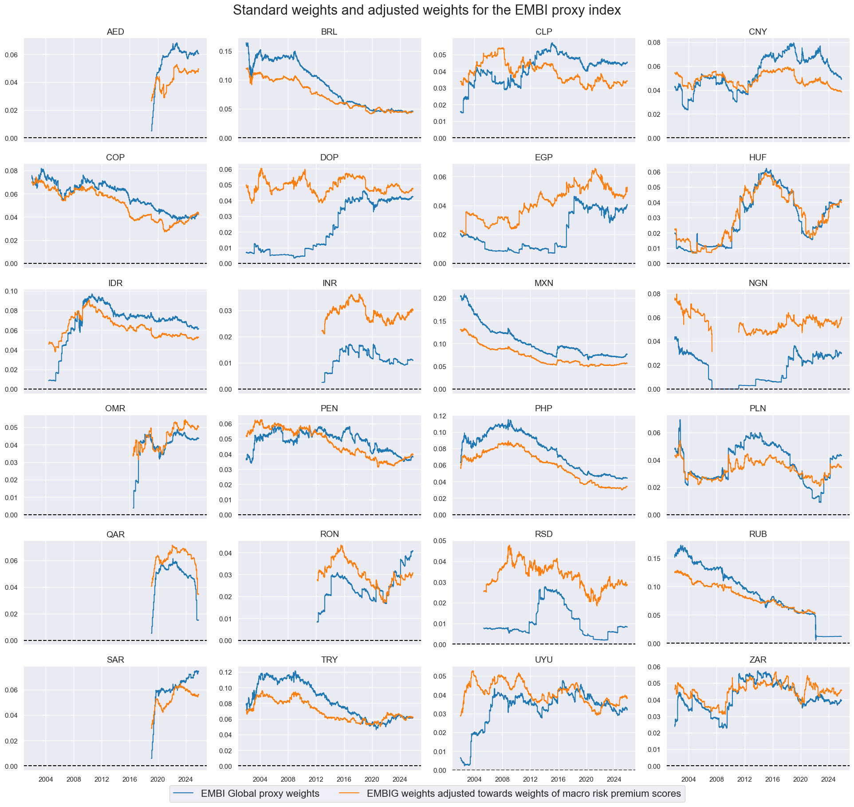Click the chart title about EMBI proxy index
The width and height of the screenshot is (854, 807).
click(427, 10)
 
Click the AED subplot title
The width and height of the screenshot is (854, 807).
click(115, 32)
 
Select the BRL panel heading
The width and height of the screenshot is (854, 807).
click(329, 32)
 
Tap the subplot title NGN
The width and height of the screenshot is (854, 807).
click(758, 283)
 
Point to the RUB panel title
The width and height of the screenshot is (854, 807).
click(758, 534)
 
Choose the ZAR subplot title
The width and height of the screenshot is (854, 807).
click(758, 660)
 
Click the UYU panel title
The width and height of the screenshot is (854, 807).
click(543, 660)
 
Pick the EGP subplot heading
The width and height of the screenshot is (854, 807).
click(543, 158)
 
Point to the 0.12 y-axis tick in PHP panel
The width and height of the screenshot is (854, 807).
click(441, 416)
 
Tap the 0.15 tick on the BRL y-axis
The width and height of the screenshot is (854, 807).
click(226, 52)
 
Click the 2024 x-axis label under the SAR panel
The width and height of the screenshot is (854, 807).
click(185, 779)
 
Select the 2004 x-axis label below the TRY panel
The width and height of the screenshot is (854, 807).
click(260, 779)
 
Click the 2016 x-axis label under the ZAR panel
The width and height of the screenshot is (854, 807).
click(772, 779)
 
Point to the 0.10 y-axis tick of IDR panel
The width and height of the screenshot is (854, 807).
click(12, 291)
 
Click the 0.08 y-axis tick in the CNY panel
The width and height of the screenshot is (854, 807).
click(654, 43)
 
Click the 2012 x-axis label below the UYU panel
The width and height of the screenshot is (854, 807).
click(530, 779)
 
